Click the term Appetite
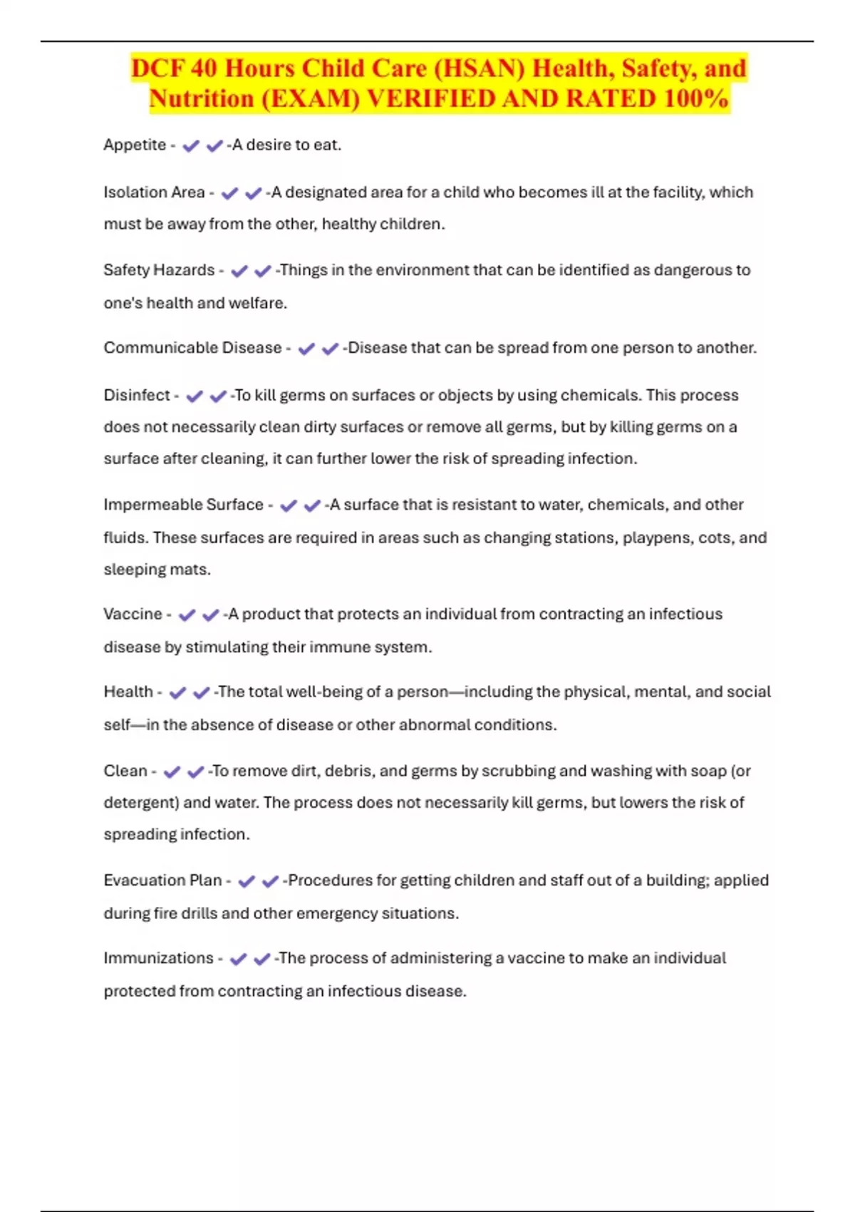(135, 145)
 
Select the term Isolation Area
(154, 192)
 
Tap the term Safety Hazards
(159, 270)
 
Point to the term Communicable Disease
(192, 348)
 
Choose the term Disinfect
(137, 395)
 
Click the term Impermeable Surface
(183, 505)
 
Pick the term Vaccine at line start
(133, 614)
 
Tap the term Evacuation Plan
(162, 880)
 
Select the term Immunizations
(158, 958)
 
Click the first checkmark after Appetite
(190, 146)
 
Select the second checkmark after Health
(202, 692)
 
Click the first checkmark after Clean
(172, 772)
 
